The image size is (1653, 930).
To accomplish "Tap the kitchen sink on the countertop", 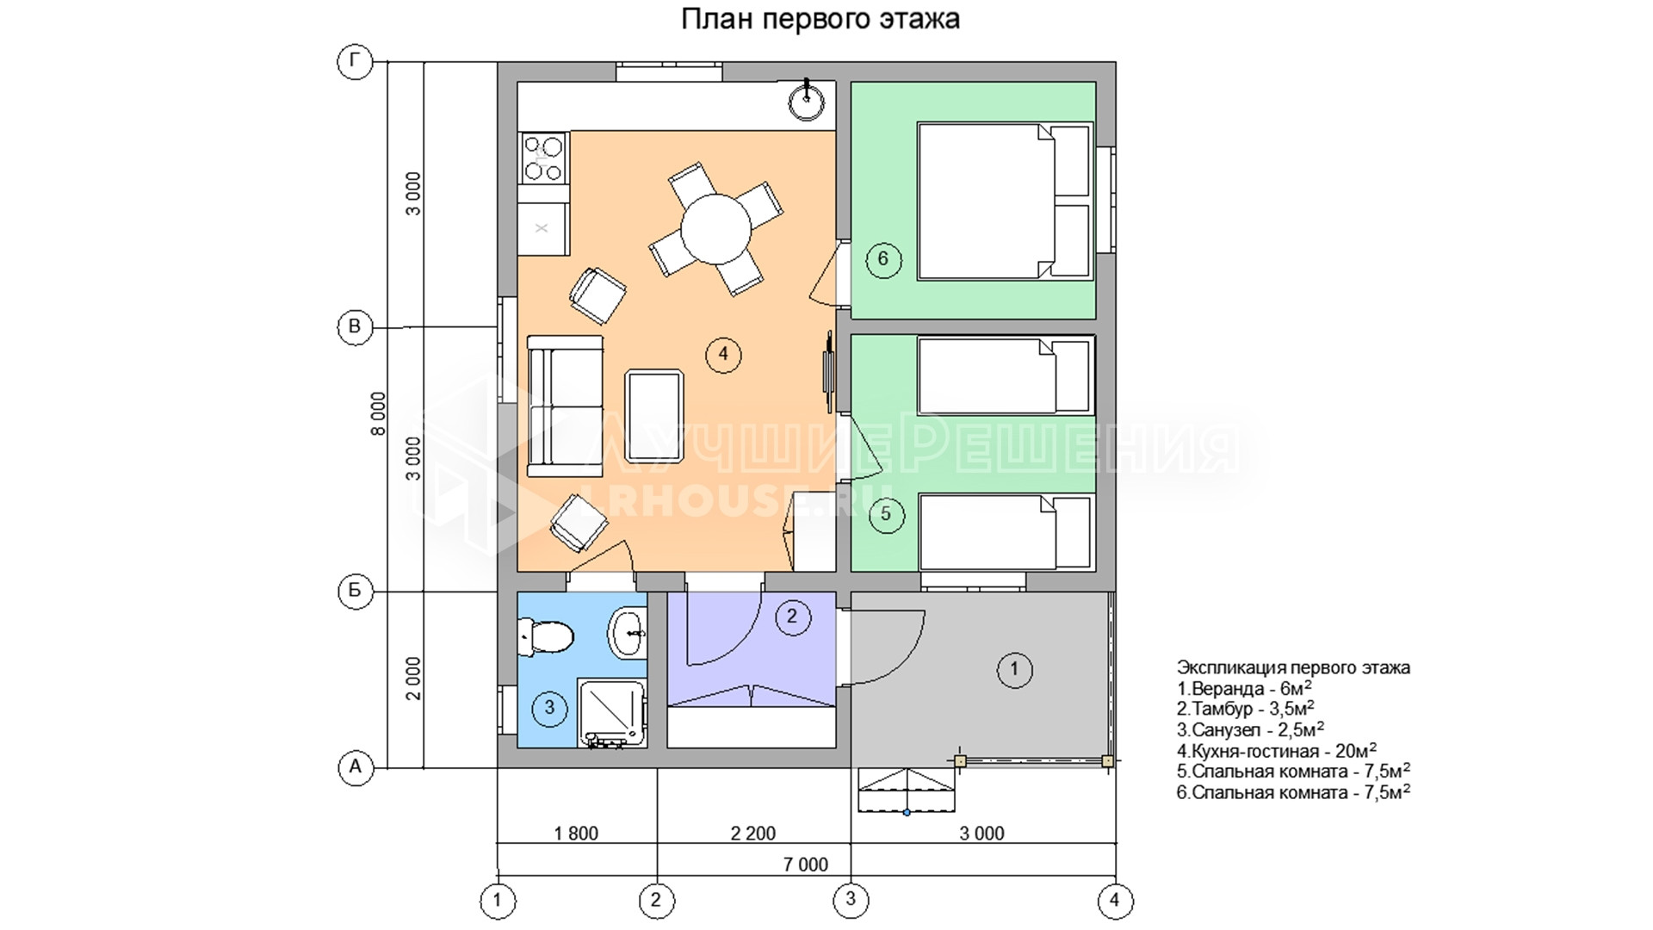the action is click(807, 102).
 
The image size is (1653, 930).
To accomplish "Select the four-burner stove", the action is click(543, 158).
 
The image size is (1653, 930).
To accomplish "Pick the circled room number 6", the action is click(883, 259).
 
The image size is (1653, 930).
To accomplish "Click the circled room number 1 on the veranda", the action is click(1014, 669).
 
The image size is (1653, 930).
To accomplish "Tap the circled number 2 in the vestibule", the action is click(793, 617).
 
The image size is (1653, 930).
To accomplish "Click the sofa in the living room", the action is click(565, 406).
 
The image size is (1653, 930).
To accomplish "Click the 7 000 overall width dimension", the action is click(806, 865).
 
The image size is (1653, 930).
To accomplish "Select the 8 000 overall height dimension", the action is click(379, 414).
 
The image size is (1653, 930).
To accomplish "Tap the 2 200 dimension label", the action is click(753, 834).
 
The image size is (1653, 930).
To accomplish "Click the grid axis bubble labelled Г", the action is click(355, 62).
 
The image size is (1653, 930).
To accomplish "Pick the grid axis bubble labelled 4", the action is click(1115, 902).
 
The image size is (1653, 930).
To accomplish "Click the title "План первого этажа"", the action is click(820, 19).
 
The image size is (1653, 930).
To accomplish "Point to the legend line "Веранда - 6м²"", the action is click(1245, 688).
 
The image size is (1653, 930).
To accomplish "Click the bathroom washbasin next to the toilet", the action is click(628, 633).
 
